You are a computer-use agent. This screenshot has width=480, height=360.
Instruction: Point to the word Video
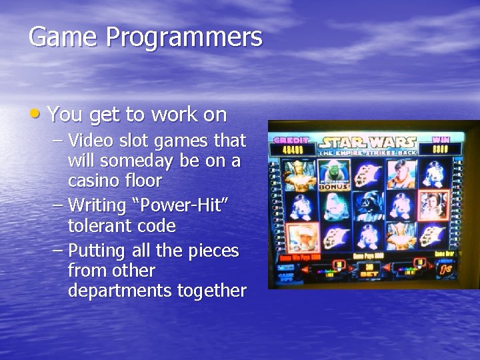click(91, 141)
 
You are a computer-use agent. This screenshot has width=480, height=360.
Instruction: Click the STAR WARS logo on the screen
click(367, 142)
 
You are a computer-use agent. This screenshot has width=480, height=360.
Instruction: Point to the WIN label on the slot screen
click(441, 140)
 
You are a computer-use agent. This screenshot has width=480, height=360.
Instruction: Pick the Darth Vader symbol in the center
click(367, 205)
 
